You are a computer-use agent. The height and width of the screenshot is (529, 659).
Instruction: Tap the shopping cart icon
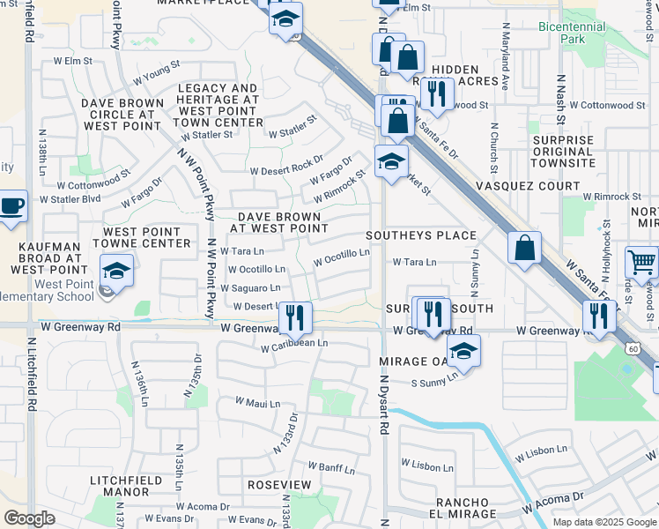tap(640, 262)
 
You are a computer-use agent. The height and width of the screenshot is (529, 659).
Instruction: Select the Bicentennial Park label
tap(574, 33)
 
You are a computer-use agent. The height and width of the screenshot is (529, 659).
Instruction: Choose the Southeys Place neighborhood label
tap(421, 236)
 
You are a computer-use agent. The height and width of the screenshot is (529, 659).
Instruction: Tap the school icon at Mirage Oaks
tap(463, 352)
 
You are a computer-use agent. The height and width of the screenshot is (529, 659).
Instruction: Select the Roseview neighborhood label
tap(279, 486)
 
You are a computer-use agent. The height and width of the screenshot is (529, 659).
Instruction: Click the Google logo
tap(30, 518)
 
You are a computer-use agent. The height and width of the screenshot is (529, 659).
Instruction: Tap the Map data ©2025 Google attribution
tap(604, 522)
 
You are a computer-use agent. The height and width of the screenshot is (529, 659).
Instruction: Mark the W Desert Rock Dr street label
tap(287, 166)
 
